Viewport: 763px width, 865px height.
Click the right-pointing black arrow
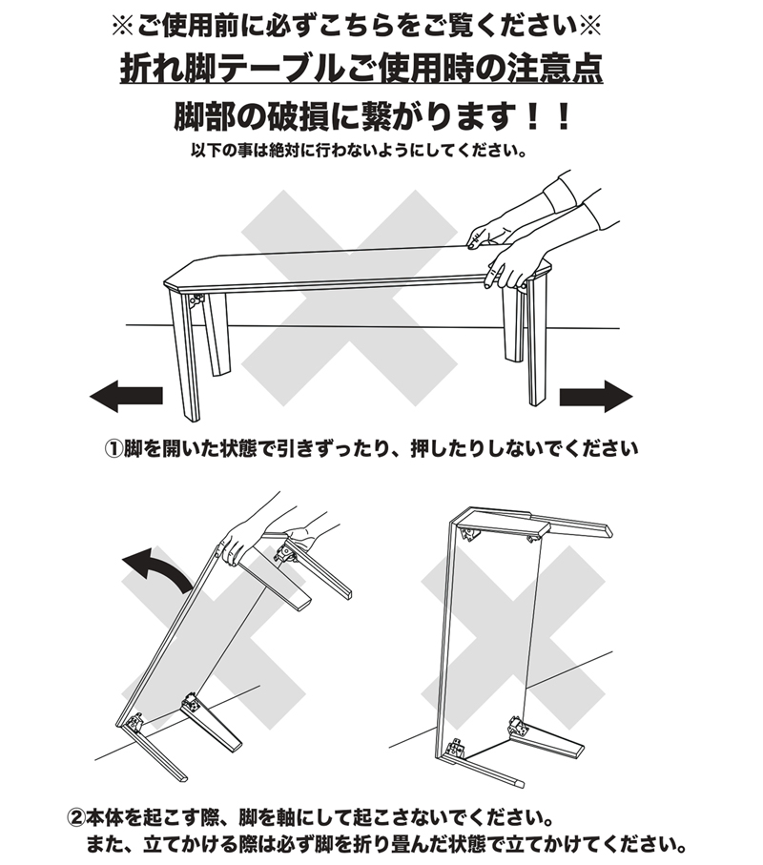(596, 393)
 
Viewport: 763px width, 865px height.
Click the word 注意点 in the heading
(560, 69)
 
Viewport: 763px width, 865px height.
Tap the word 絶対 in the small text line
(302, 151)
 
